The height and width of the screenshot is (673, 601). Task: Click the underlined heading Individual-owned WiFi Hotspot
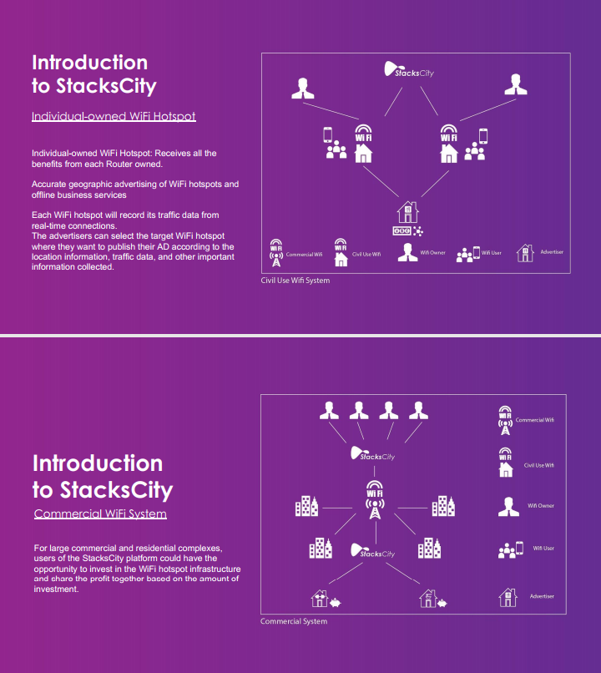pos(114,116)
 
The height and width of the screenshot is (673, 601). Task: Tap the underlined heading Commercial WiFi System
pos(100,514)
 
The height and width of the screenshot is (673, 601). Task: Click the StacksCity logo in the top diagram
pos(409,69)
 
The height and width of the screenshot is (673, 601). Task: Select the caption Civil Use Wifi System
pos(295,281)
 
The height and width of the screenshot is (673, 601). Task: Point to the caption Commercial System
pos(294,621)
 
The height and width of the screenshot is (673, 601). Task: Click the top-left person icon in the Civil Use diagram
pos(302,89)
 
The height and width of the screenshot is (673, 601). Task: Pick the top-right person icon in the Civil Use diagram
pos(516,84)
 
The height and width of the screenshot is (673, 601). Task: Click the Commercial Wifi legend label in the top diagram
pos(304,255)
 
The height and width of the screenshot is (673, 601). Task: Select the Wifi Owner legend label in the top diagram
pos(433,252)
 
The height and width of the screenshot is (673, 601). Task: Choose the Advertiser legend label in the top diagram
pos(552,252)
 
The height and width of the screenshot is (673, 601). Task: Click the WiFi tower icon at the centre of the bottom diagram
pos(375,499)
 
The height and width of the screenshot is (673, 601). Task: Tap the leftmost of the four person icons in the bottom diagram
pos(329,410)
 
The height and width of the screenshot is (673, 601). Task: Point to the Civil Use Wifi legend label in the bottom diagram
pos(538,465)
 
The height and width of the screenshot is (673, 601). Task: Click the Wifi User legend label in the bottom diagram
pos(543,548)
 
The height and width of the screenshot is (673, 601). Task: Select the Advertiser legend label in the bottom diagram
pos(542,596)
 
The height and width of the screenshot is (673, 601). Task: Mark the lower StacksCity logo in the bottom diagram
pos(373,551)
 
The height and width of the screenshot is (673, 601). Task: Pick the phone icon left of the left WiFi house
pos(328,134)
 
